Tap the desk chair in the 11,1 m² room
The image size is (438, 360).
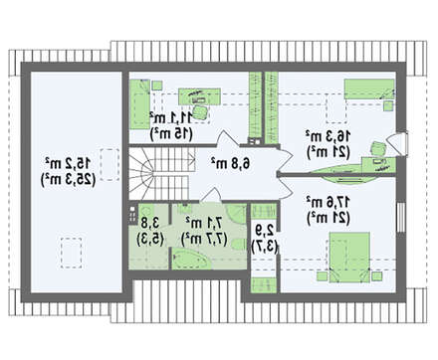[193, 96]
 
